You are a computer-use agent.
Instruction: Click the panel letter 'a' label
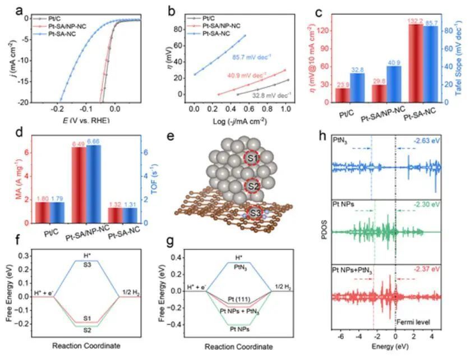(6, 9)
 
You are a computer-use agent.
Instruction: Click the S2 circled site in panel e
(254, 186)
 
